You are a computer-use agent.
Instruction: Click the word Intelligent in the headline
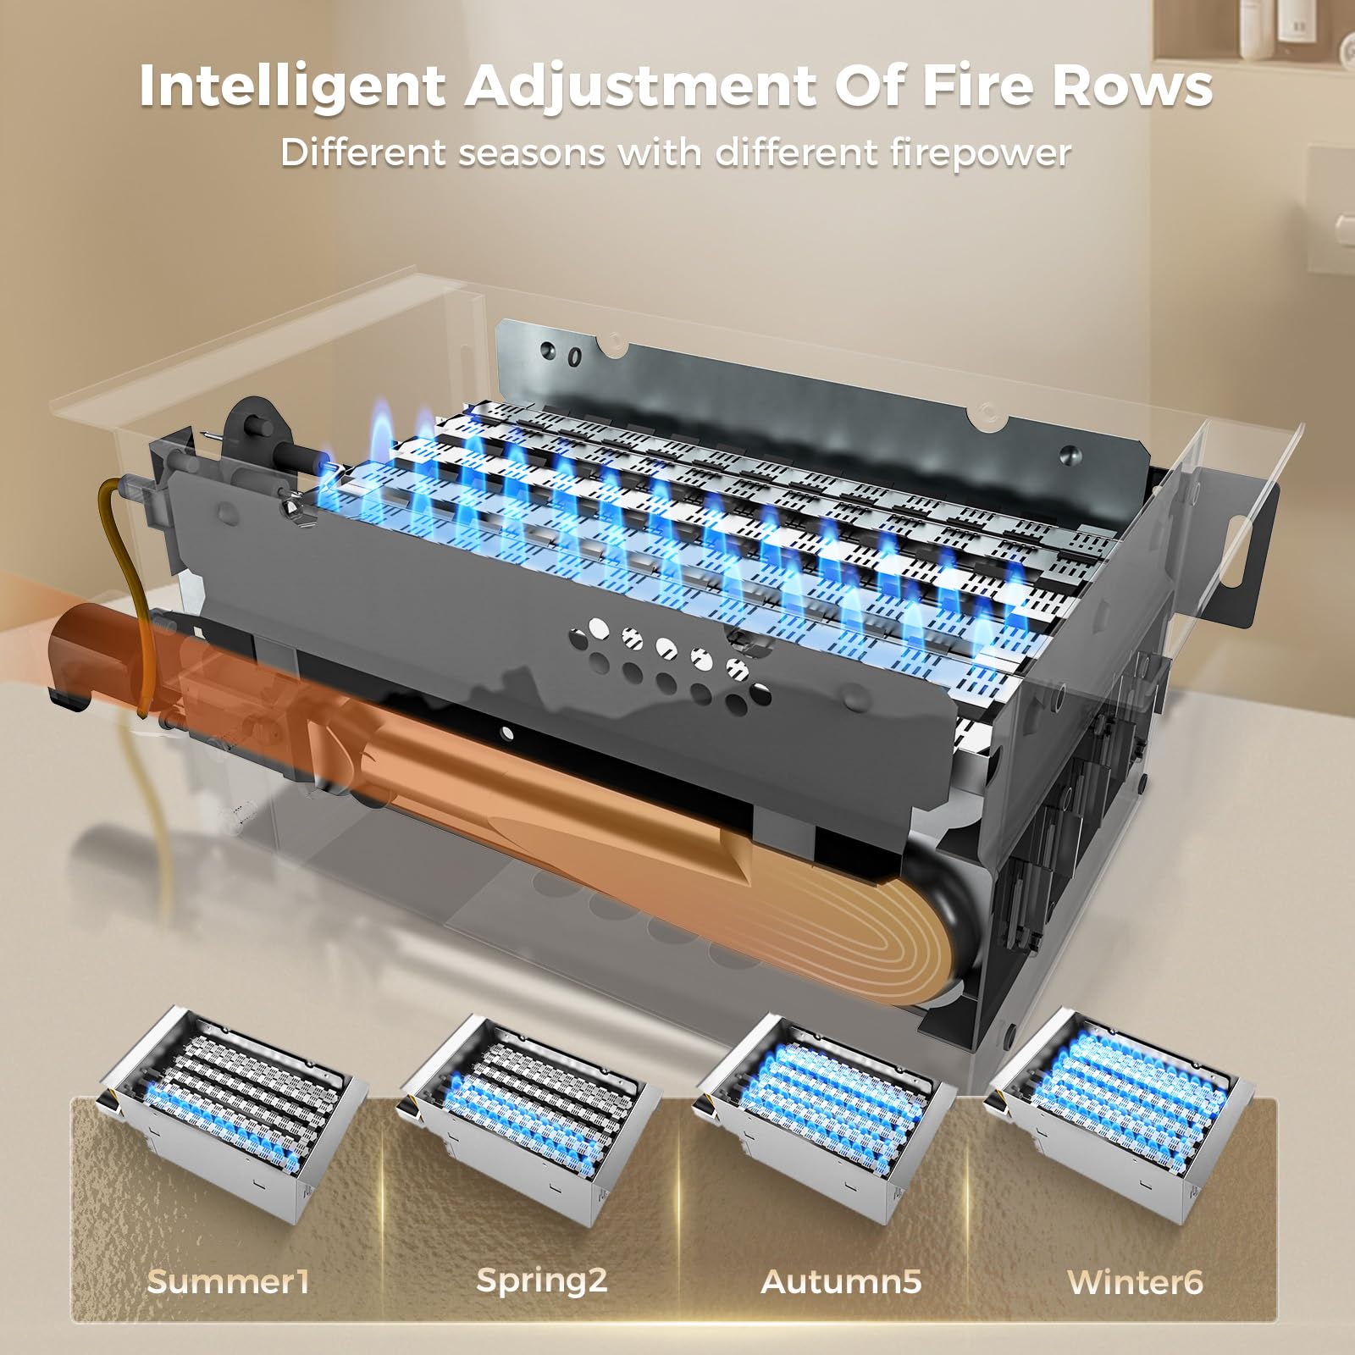[292, 86]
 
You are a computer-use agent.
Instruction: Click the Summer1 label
[228, 1280]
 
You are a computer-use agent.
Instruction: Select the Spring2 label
[542, 1280]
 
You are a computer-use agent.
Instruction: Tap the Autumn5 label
[841, 1280]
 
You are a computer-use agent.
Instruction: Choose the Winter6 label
[1135, 1280]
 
